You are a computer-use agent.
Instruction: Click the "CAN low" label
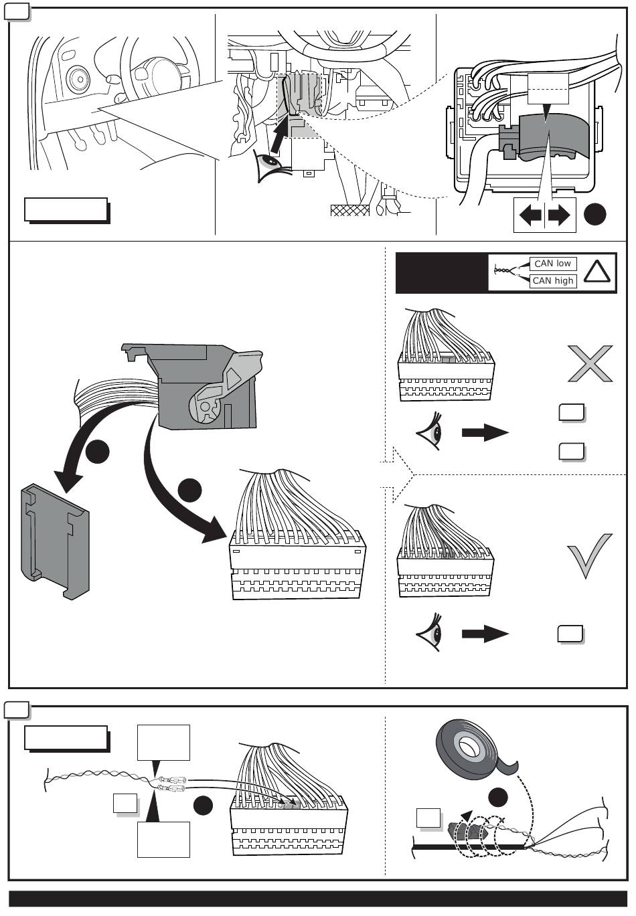552,264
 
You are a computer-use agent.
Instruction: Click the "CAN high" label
552,281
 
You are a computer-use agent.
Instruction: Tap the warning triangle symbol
597,272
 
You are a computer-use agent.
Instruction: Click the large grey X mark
590,363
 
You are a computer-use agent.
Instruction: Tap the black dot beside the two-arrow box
594,214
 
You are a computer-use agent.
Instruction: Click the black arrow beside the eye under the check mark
485,634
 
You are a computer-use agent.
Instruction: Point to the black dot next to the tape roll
498,797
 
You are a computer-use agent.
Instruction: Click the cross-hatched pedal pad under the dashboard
350,210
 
